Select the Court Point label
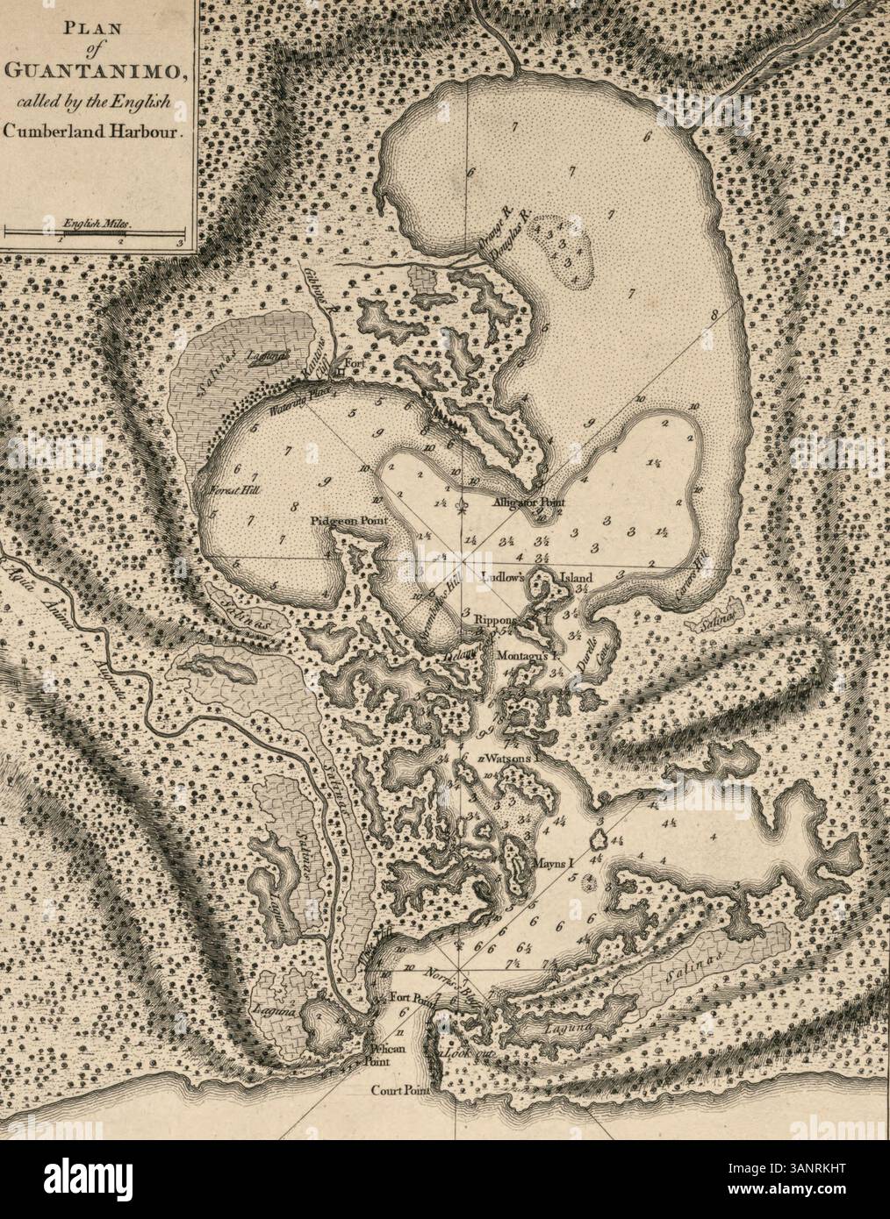coord(399,1093)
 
